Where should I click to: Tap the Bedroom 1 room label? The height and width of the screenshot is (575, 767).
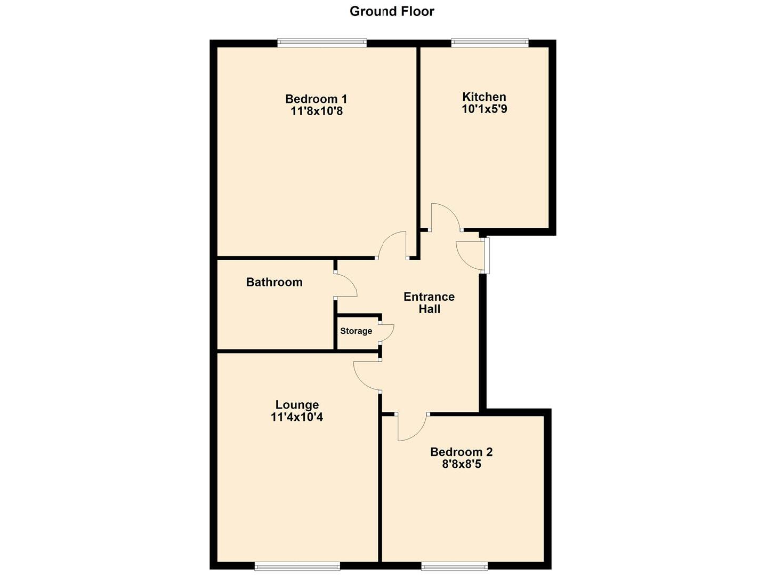(316, 98)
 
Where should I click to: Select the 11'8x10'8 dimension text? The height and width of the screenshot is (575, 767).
(316, 111)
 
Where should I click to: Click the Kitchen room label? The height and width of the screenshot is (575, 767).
(484, 97)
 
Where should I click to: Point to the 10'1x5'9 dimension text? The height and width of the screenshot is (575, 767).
(484, 110)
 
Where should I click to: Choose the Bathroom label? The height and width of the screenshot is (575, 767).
(274, 283)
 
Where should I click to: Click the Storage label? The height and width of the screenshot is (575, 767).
(356, 331)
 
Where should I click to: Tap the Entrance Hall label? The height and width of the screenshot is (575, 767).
(429, 303)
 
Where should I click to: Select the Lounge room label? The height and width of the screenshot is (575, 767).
(297, 405)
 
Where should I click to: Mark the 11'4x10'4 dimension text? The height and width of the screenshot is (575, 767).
(297, 418)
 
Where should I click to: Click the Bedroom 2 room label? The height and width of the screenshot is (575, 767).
(461, 452)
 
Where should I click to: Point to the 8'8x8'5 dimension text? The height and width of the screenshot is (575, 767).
(461, 465)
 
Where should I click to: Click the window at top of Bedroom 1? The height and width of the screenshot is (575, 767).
(322, 42)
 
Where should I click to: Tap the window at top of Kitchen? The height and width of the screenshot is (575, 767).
(489, 42)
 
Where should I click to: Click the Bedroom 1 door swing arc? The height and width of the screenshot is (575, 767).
(392, 244)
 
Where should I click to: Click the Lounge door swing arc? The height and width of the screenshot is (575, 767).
(368, 375)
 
